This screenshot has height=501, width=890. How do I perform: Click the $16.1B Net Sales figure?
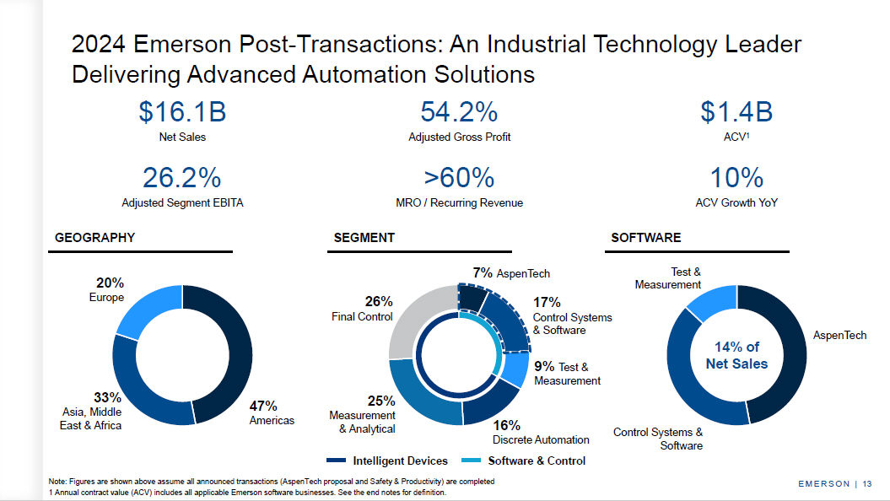tap(182, 112)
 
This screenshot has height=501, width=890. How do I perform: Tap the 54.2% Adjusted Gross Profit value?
tap(459, 112)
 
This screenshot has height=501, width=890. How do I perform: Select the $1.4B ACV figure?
tap(736, 112)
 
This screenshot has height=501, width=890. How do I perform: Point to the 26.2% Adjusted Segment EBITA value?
tap(182, 178)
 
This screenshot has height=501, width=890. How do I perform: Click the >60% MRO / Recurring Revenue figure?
tap(459, 178)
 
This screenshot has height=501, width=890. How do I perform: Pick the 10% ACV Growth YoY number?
tap(736, 178)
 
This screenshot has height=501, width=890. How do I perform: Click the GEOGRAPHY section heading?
tap(94, 238)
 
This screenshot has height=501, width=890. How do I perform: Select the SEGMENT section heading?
tap(364, 238)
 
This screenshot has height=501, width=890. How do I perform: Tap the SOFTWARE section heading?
tap(645, 238)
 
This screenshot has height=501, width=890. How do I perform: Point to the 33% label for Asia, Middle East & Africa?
tap(108, 397)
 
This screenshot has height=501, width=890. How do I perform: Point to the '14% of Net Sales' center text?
tap(736, 355)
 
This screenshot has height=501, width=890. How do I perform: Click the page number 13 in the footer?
tap(867, 483)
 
